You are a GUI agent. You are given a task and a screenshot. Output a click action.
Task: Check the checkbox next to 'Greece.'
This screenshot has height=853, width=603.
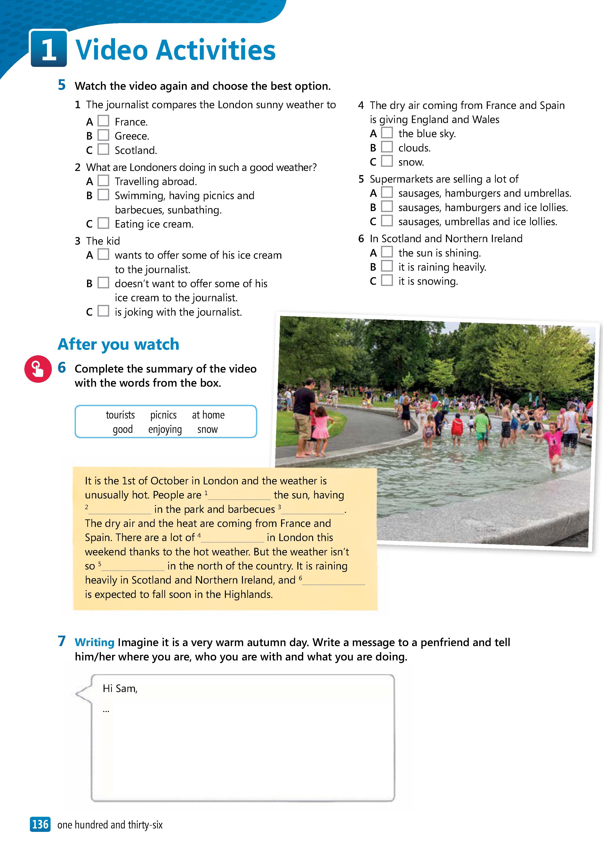pyautogui.click(x=103, y=135)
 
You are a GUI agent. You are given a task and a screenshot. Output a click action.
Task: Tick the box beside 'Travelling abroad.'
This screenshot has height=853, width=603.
pyautogui.click(x=103, y=181)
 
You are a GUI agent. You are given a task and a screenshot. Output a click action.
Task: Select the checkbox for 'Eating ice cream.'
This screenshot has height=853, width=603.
pyautogui.click(x=103, y=223)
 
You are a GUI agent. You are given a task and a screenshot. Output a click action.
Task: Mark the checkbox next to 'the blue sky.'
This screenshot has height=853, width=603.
pyautogui.click(x=387, y=133)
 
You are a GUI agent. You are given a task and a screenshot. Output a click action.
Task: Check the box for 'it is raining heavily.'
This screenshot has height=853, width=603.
pyautogui.click(x=387, y=266)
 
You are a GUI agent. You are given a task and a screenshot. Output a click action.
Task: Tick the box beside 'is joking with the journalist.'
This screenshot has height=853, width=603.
pyautogui.click(x=103, y=311)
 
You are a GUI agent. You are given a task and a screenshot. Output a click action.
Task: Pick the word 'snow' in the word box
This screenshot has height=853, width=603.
pyautogui.click(x=207, y=429)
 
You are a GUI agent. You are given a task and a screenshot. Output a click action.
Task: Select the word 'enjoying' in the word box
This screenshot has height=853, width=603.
pyautogui.click(x=165, y=429)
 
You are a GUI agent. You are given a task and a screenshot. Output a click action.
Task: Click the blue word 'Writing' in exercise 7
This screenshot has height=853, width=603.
pyautogui.click(x=94, y=642)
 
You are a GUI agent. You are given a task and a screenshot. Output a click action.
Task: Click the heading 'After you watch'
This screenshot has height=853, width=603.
pyautogui.click(x=118, y=344)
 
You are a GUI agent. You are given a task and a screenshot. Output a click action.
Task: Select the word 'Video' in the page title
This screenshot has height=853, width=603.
pyautogui.click(x=111, y=50)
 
